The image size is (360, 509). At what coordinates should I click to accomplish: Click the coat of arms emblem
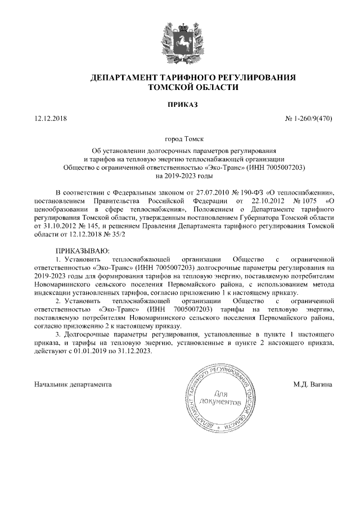[180, 39]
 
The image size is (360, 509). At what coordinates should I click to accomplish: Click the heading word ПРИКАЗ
[180, 105]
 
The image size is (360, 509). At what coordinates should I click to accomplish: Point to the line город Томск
[180, 138]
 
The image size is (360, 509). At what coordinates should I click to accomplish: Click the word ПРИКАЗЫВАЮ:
[80, 249]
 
